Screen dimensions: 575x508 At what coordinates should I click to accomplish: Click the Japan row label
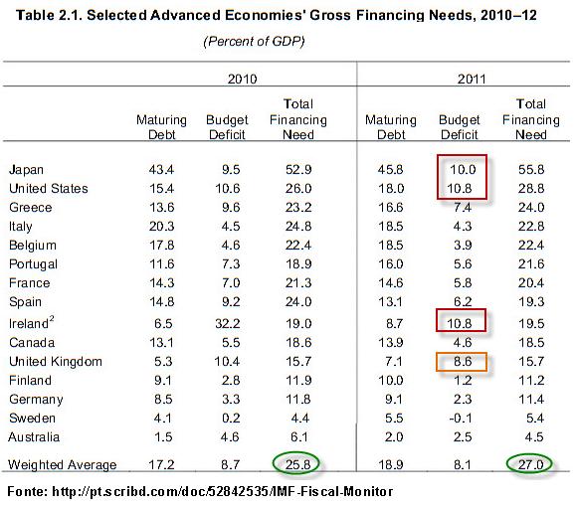pyautogui.click(x=27, y=170)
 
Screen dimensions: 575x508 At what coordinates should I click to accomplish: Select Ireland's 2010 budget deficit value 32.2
pyautogui.click(x=228, y=324)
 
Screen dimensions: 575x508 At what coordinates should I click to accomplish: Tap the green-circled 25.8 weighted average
pyautogui.click(x=295, y=463)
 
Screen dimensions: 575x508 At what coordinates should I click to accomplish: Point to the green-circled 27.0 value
pyautogui.click(x=529, y=463)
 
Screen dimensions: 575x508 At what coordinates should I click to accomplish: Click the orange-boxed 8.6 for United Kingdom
pyautogui.click(x=462, y=362)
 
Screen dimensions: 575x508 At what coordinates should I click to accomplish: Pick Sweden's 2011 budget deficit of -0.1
pyautogui.click(x=461, y=419)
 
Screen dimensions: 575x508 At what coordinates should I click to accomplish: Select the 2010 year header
pyautogui.click(x=242, y=79)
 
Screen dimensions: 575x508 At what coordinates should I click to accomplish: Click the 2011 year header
pyautogui.click(x=472, y=79)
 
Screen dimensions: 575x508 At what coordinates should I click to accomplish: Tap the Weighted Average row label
pyautogui.click(x=63, y=464)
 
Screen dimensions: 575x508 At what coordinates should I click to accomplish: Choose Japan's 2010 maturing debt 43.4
pyautogui.click(x=161, y=169)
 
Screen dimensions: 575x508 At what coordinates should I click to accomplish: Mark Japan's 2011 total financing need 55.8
pyautogui.click(x=531, y=169)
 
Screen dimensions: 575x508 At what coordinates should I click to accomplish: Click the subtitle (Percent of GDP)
pyautogui.click(x=254, y=41)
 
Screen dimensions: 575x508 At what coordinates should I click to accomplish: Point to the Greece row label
pyautogui.click(x=31, y=207)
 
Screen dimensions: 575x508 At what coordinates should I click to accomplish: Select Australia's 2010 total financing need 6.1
pyautogui.click(x=299, y=436)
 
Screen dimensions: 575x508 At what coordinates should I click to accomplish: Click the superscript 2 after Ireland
pyautogui.click(x=52, y=319)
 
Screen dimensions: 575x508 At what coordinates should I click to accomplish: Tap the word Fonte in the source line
pyautogui.click(x=25, y=491)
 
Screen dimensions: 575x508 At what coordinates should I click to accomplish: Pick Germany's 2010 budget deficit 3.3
pyautogui.click(x=231, y=400)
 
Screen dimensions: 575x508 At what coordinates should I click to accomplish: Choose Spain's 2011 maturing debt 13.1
pyautogui.click(x=391, y=301)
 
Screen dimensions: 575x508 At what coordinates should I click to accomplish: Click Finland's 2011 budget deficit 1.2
pyautogui.click(x=462, y=381)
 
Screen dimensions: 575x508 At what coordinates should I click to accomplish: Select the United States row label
pyautogui.click(x=49, y=189)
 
